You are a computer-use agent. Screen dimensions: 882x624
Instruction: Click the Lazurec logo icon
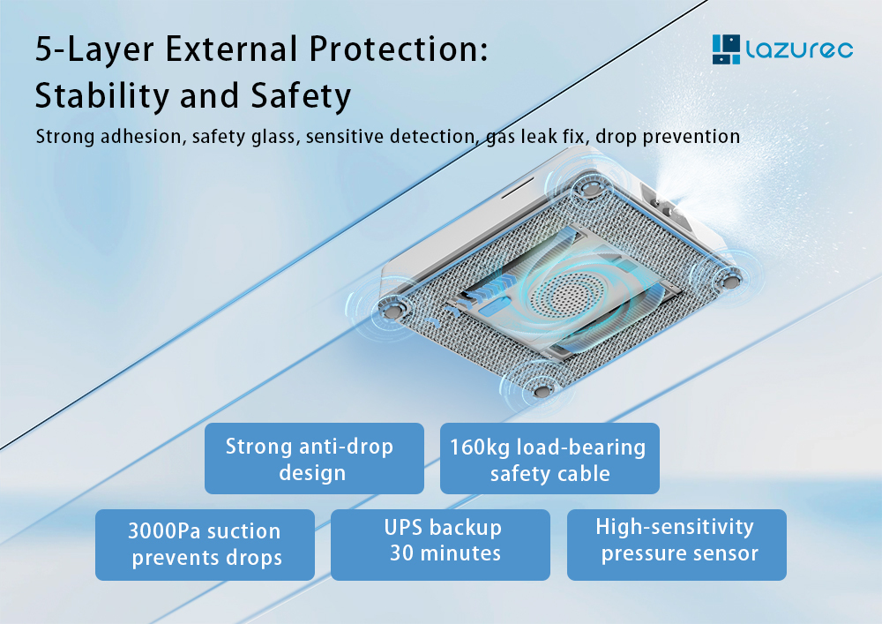[x=726, y=49]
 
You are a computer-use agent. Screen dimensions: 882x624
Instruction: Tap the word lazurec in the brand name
[x=799, y=49]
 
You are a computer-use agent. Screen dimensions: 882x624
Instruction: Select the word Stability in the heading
[x=101, y=95]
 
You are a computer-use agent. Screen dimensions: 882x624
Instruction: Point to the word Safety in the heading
[x=301, y=95]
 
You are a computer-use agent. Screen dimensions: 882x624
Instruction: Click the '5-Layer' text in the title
[x=94, y=49]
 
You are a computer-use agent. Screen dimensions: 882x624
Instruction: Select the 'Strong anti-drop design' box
[x=314, y=459]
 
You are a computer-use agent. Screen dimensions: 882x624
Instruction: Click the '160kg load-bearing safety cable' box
[x=549, y=459]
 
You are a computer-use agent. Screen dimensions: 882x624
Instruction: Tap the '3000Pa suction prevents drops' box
[x=205, y=545]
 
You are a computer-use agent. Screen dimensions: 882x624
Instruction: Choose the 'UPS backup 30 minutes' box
[x=440, y=545]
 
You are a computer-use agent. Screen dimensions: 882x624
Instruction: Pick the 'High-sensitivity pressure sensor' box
[x=676, y=545]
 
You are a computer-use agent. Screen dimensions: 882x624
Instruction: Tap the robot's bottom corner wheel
[x=542, y=390]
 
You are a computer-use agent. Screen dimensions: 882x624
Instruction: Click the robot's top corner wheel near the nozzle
[x=589, y=187]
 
